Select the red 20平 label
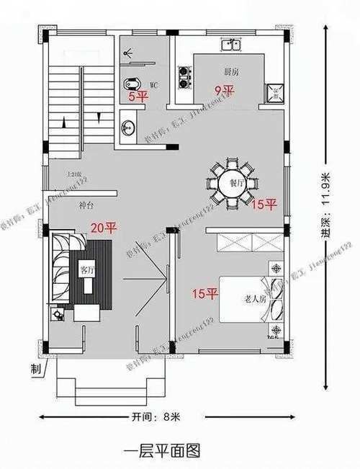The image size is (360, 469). (102, 228)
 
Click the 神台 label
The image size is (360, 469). (86, 206)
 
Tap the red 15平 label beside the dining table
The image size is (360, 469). (264, 205)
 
